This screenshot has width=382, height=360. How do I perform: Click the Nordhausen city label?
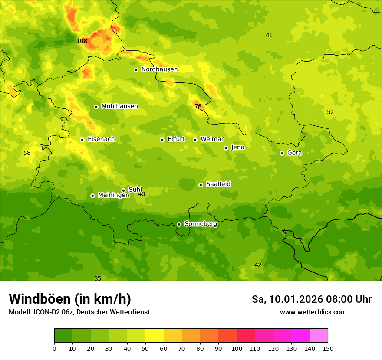159,69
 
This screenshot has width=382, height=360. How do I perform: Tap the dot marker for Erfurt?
162,140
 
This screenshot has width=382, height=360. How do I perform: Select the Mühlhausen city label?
119,106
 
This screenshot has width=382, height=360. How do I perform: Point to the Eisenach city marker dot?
82,140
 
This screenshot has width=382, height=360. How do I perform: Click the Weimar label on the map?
212,139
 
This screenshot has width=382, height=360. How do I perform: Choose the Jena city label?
237,147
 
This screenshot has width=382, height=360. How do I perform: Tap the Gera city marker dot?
282,153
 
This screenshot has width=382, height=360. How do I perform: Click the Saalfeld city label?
218,184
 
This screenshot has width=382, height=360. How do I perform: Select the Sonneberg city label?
201,224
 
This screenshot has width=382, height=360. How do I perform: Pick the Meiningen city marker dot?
92,196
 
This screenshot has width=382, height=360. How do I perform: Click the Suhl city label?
135,190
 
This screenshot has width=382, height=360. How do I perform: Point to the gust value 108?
82,41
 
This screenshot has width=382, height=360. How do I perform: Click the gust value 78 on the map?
198,107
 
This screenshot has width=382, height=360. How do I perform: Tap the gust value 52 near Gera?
330,112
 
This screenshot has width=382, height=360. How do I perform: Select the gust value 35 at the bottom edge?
98,278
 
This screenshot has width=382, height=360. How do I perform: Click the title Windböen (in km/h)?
70,299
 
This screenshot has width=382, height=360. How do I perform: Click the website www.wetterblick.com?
313,312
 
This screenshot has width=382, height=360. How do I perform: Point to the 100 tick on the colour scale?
237,348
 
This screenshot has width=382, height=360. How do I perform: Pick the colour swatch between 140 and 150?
319,336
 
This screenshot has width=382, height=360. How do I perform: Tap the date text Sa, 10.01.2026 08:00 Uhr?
311,299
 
